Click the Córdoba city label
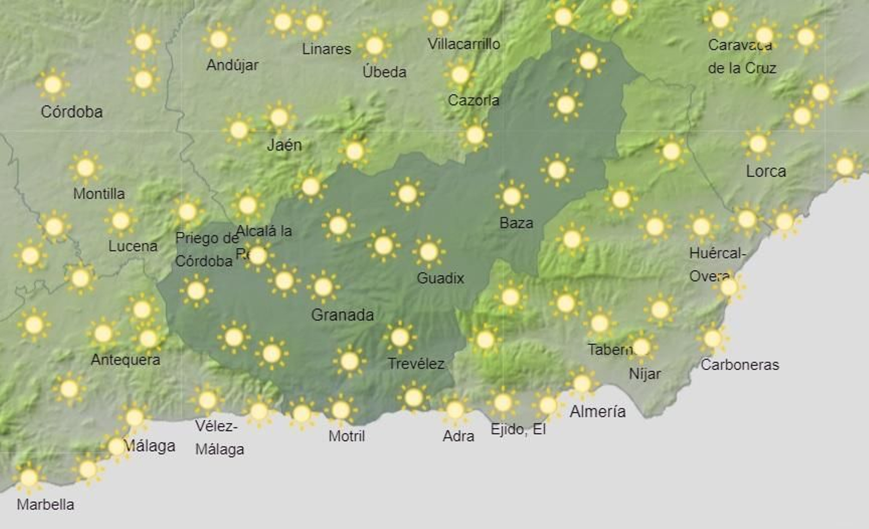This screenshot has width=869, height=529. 72,112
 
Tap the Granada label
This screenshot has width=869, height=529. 342,315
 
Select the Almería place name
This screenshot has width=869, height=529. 597,412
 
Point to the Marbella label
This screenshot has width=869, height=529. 46,505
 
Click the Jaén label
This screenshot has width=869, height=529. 284,145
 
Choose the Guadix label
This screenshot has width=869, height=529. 440,279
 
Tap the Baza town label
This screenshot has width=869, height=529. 516,223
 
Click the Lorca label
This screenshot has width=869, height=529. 766,172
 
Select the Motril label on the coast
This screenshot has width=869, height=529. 347,436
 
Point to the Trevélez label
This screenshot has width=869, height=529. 416,364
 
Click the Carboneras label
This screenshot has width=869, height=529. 740,365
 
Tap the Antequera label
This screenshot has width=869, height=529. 125,360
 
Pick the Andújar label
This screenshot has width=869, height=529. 232,65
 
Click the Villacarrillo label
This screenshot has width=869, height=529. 464,44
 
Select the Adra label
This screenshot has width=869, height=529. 458,436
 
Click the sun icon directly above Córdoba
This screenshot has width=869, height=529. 53,85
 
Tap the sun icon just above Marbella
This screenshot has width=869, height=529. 29,478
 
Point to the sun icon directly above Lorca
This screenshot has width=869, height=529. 758,144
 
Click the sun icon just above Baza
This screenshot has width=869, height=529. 512,197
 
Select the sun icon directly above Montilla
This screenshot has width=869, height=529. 85,168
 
